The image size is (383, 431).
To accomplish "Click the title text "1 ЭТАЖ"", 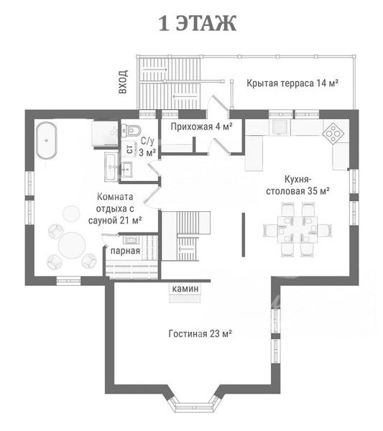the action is tap(198, 23).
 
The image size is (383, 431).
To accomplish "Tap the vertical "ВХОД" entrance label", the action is tap(123, 82).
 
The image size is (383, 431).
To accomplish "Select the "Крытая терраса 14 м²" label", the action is tap(292, 83).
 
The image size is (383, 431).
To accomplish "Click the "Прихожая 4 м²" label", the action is tap(201, 126).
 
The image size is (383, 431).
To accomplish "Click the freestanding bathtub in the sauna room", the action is tap(47, 140).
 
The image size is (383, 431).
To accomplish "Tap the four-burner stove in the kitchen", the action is tap(333, 134).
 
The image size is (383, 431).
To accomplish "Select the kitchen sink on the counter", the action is tap(281, 127).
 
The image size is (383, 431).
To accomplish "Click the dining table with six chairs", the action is tap(297, 230).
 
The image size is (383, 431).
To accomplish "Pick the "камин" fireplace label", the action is tap(185, 289).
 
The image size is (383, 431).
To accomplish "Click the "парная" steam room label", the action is tap(125, 251).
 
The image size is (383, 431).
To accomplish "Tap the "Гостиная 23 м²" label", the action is tap(200, 334).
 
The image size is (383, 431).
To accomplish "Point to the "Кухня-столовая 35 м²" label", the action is tap(297, 185).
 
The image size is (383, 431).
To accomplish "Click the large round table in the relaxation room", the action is tap(72, 245).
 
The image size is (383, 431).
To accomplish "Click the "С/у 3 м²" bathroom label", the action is tap(147, 147).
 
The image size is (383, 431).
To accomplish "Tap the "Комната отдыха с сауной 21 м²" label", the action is tap(115, 208).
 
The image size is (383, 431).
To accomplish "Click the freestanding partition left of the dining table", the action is tap(244, 234).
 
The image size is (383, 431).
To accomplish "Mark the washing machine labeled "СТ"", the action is tap(130, 149).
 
